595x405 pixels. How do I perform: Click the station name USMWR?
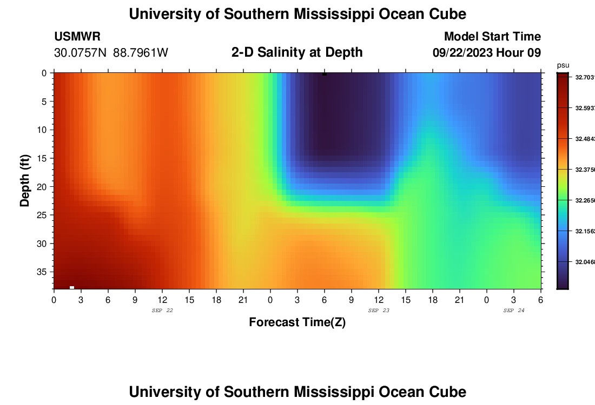tap(77, 37)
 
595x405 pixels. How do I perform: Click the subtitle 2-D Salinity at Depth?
tap(297, 52)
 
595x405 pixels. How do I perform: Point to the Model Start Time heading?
tap(492, 37)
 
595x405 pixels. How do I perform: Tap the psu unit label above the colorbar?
tap(563, 65)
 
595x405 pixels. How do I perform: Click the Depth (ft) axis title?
tap(25, 180)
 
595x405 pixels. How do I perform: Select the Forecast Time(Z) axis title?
tap(297, 322)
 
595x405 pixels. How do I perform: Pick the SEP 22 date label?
tap(162, 310)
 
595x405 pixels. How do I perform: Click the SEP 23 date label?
tap(379, 310)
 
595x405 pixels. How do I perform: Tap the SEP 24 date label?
tap(514, 310)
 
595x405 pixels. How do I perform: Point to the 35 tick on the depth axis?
tap(43, 272)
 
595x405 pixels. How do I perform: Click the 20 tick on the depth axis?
tap(43, 186)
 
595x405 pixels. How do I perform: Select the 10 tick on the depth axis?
tap(43, 130)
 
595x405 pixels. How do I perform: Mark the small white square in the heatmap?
tap(72, 287)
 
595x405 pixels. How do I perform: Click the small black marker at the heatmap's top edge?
tap(325, 74)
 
